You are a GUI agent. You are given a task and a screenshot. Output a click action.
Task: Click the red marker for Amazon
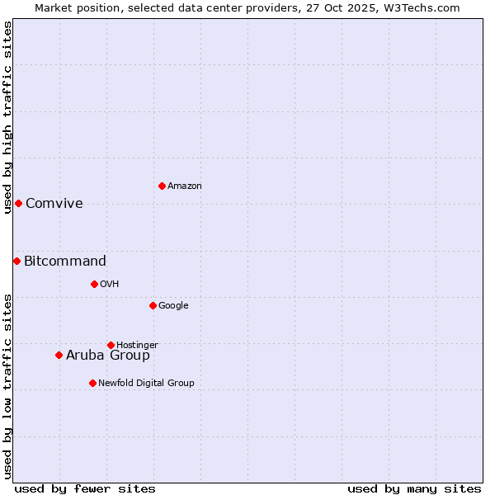click(162, 186)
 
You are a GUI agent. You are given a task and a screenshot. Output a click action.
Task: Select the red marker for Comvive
click(18, 203)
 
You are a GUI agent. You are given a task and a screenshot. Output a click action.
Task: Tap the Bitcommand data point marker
click(16, 261)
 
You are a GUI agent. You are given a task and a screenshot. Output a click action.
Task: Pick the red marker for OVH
click(94, 284)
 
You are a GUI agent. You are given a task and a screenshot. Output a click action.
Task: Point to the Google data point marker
click(153, 305)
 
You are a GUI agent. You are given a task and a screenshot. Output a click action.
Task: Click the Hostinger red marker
click(111, 345)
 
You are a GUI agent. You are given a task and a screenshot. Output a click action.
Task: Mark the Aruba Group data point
click(59, 355)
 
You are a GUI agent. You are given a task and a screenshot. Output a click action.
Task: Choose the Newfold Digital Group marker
click(92, 383)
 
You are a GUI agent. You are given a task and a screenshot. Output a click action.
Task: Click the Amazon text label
click(185, 186)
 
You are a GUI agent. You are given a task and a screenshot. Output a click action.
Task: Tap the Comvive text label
click(54, 204)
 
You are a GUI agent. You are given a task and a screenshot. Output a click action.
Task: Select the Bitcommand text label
click(65, 262)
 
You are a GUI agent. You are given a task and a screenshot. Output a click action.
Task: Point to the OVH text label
click(110, 285)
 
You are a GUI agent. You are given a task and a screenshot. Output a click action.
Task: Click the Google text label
click(173, 306)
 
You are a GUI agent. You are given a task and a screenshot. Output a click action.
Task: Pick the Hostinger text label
click(137, 345)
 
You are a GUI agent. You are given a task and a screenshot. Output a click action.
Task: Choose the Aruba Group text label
click(108, 356)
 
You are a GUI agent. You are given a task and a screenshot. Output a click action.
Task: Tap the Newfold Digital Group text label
click(146, 383)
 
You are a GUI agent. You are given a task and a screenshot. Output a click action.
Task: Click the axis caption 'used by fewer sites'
click(85, 488)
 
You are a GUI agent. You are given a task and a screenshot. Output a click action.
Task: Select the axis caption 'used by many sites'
click(414, 488)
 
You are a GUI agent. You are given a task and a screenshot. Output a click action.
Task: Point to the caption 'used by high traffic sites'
click(8, 117)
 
